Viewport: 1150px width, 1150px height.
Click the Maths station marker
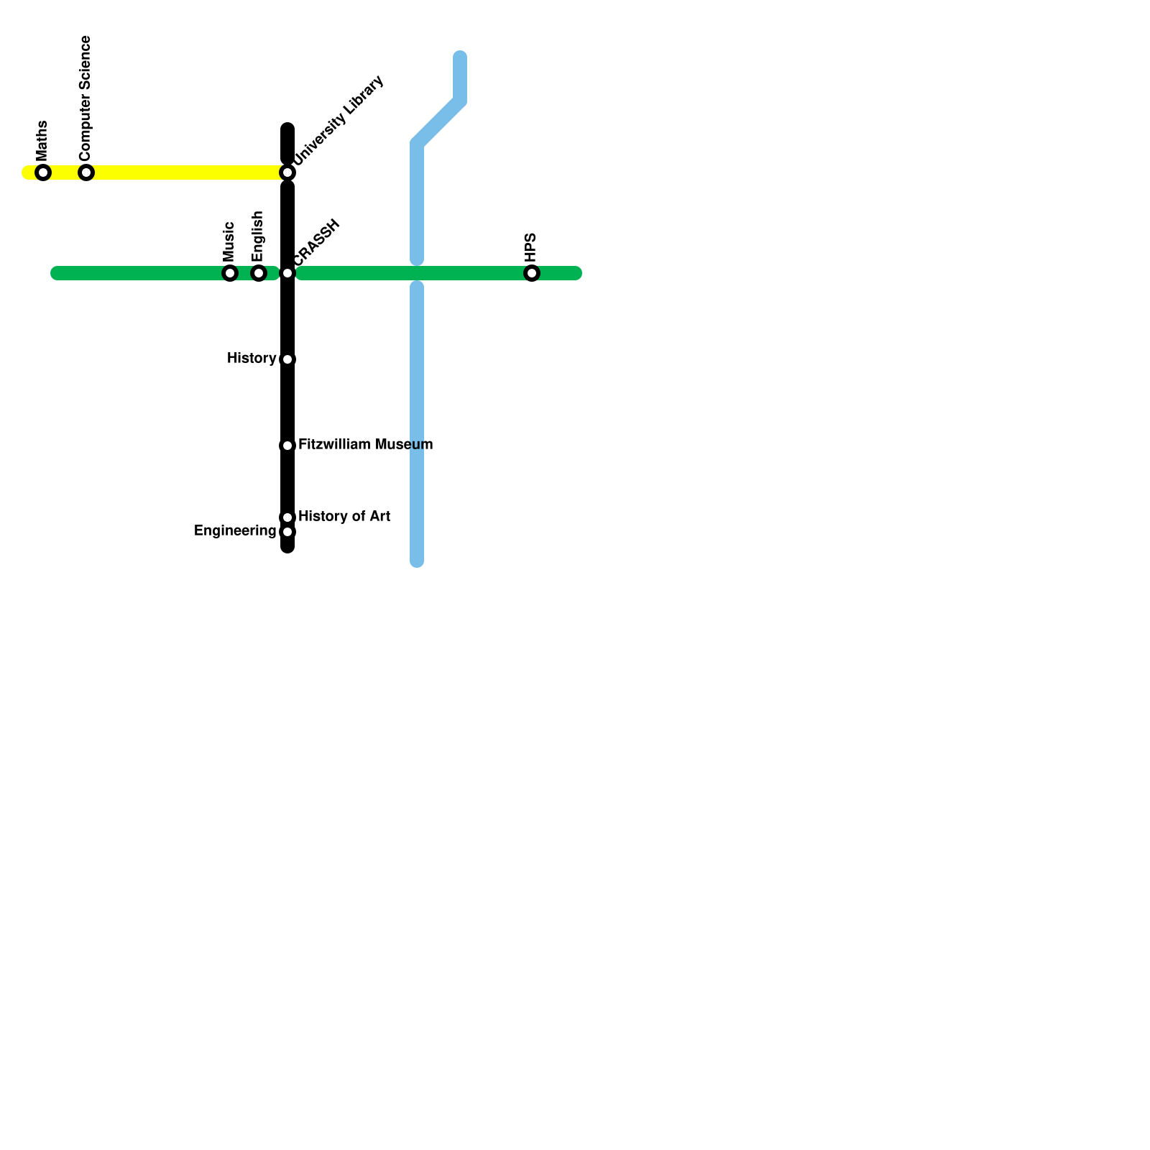pyautogui.click(x=43, y=172)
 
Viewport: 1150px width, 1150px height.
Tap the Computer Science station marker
pyautogui.click(x=86, y=172)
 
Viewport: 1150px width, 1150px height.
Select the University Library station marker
pyautogui.click(x=287, y=172)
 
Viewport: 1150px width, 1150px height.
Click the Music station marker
pyautogui.click(x=230, y=273)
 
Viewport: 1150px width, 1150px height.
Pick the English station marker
pyautogui.click(x=259, y=273)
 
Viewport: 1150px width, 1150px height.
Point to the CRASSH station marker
pyautogui.click(x=287, y=273)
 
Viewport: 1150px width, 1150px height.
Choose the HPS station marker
pyautogui.click(x=532, y=273)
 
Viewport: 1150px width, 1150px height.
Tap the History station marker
pyautogui.click(x=287, y=359)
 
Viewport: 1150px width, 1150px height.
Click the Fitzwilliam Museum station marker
pyautogui.click(x=287, y=446)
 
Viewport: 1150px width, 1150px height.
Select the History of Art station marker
pyautogui.click(x=287, y=517)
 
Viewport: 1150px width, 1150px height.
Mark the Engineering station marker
pyautogui.click(x=287, y=532)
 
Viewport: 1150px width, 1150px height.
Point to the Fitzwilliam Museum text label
pyautogui.click(x=365, y=445)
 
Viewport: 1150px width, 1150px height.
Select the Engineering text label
pyautogui.click(x=235, y=531)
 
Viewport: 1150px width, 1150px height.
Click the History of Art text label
pyautogui.click(x=344, y=517)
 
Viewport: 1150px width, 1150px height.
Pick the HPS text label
pyautogui.click(x=531, y=248)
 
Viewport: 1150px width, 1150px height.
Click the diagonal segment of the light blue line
pyautogui.click(x=438, y=123)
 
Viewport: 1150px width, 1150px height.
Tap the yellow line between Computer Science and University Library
pyautogui.click(x=187, y=172)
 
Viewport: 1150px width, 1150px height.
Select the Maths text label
pyautogui.click(x=42, y=141)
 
